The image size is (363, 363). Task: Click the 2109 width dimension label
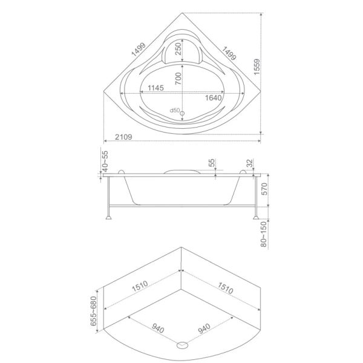click(x=123, y=137)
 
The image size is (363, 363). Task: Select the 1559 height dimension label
click(x=257, y=67)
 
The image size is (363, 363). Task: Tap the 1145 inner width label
click(x=155, y=88)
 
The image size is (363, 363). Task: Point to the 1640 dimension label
click(x=213, y=98)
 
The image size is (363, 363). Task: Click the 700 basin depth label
click(x=178, y=79)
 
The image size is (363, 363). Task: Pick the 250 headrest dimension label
click(x=178, y=49)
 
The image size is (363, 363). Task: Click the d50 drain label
click(x=175, y=110)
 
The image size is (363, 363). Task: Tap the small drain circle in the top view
click(x=183, y=113)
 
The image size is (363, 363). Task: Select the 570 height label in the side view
click(x=264, y=189)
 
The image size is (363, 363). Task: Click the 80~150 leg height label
click(x=264, y=234)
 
